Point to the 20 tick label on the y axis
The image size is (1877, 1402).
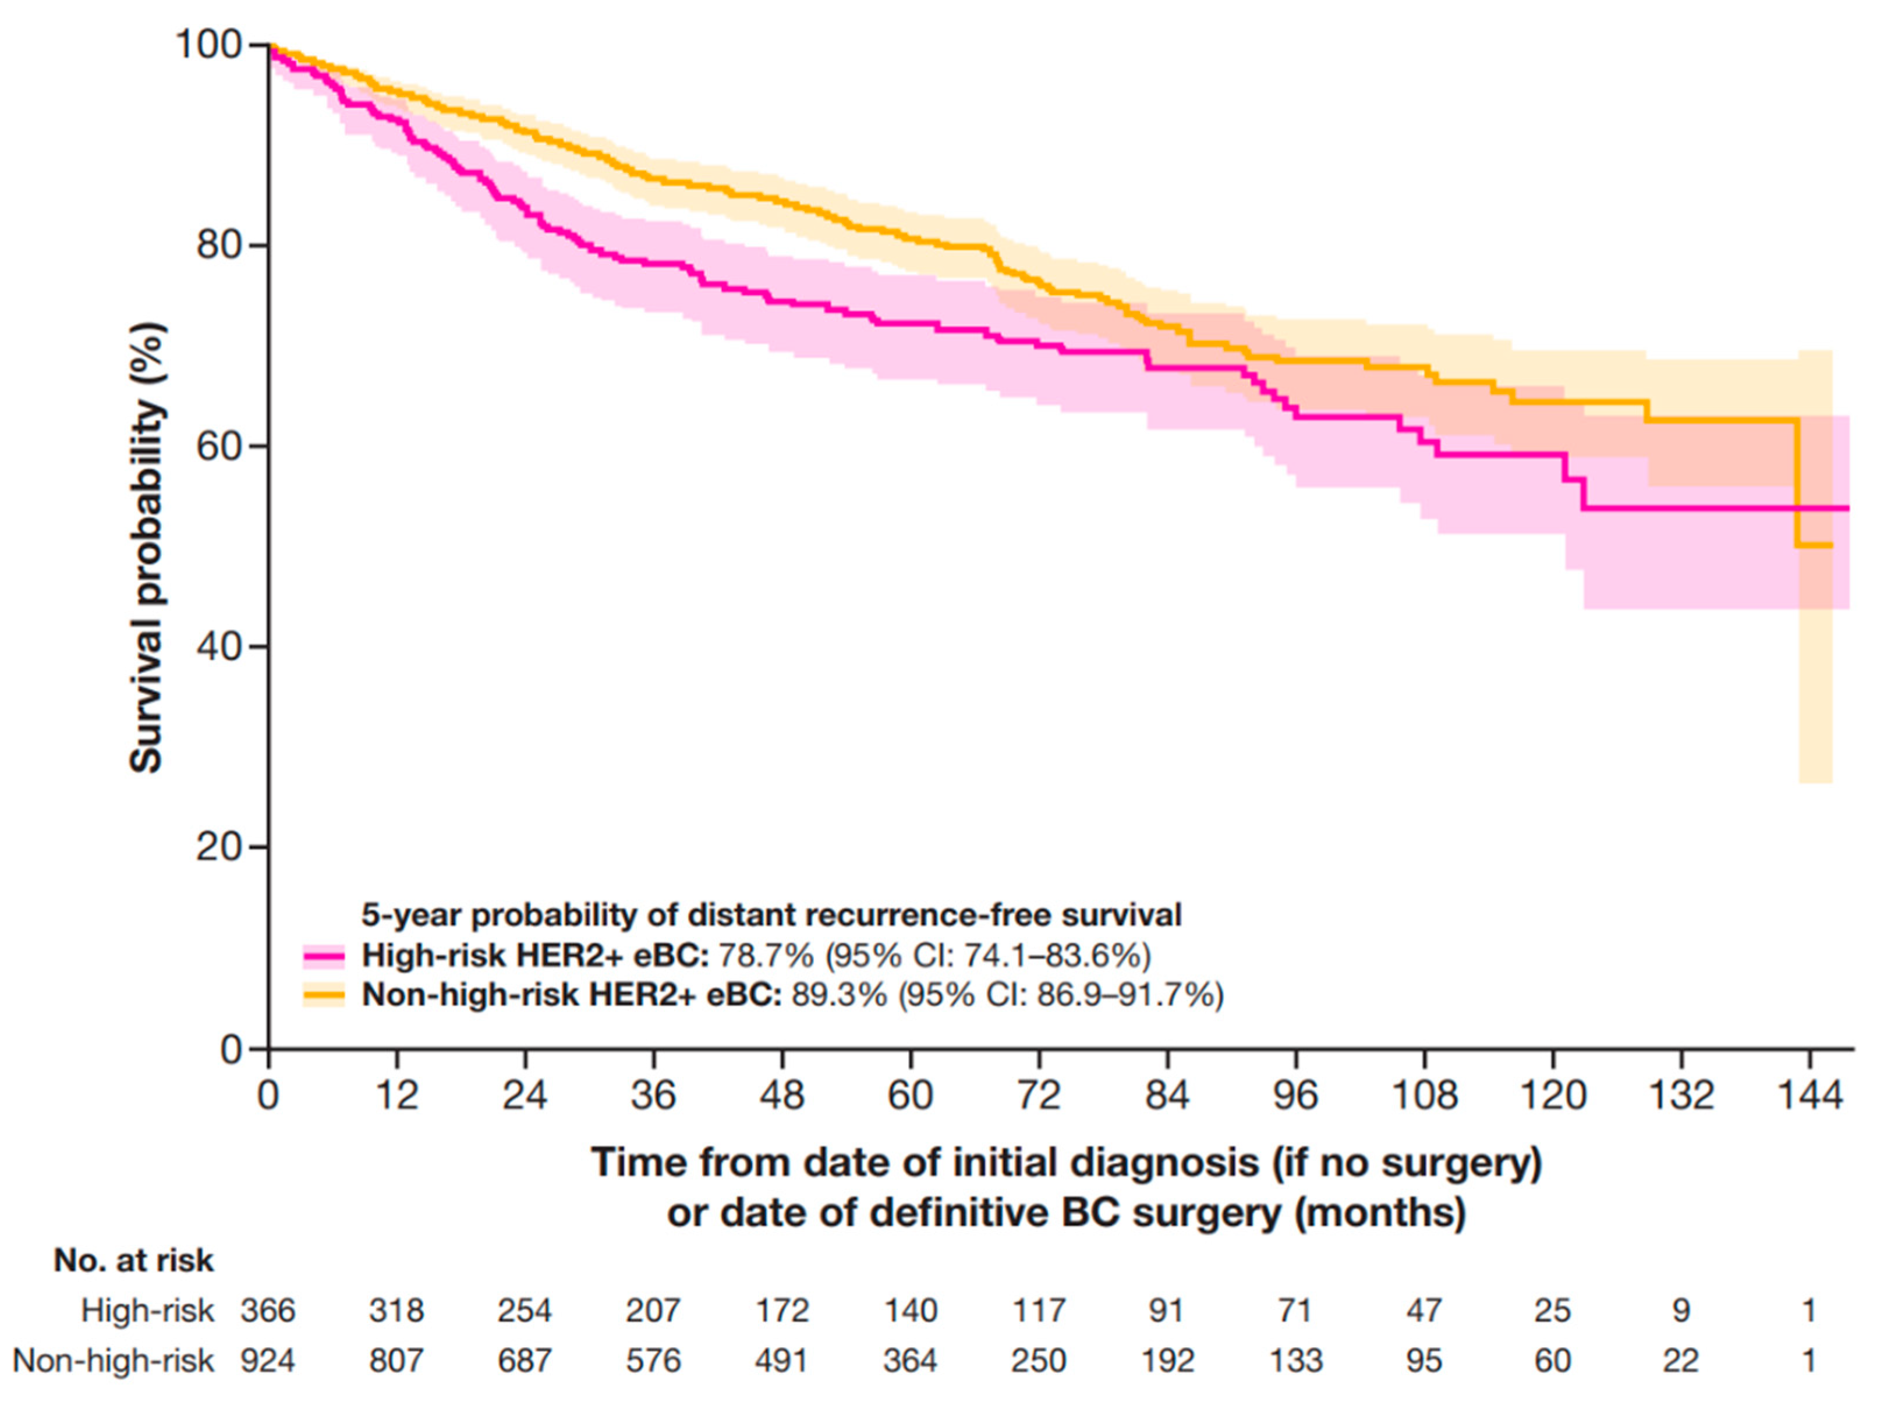pyautogui.click(x=219, y=846)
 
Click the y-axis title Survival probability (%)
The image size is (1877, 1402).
pyautogui.click(x=146, y=547)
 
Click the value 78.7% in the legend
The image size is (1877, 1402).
pyautogui.click(x=766, y=956)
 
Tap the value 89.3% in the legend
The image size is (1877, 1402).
pyautogui.click(x=839, y=994)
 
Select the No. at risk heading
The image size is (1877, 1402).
pyautogui.click(x=133, y=1261)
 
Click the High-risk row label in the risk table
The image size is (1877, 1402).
pyautogui.click(x=147, y=1311)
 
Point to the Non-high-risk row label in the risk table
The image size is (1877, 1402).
pyautogui.click(x=114, y=1361)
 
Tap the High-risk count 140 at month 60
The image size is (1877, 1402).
pyautogui.click(x=911, y=1311)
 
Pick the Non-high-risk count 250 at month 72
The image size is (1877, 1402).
pyautogui.click(x=1039, y=1361)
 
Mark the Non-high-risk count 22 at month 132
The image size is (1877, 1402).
pyautogui.click(x=1681, y=1361)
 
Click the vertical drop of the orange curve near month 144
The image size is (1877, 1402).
pyautogui.click(x=1797, y=484)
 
